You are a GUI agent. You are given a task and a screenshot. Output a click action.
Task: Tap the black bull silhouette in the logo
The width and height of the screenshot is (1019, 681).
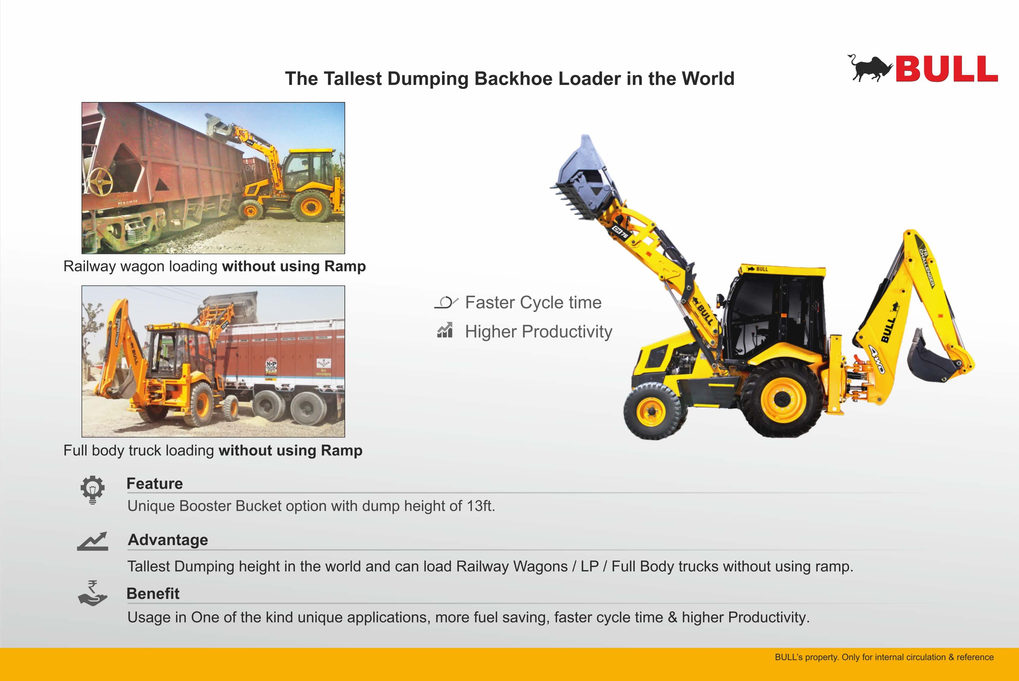tap(870, 68)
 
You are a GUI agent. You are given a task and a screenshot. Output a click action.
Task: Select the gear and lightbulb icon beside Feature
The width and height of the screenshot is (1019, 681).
tap(92, 490)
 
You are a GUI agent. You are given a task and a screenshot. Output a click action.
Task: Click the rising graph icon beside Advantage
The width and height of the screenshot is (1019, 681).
tap(92, 541)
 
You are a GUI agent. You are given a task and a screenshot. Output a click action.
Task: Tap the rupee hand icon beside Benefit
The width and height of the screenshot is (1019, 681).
tap(92, 593)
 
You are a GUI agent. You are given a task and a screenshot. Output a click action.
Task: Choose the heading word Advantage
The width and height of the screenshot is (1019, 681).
tap(168, 540)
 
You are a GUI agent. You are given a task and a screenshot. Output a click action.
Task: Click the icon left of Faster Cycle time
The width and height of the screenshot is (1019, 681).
tap(446, 302)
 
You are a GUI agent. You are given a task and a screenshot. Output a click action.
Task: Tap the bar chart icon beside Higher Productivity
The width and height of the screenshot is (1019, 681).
tap(445, 330)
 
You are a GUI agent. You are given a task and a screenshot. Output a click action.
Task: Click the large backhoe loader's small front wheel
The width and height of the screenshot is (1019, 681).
tap(652, 411)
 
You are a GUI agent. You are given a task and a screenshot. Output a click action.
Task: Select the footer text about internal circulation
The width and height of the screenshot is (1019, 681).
tap(884, 657)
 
